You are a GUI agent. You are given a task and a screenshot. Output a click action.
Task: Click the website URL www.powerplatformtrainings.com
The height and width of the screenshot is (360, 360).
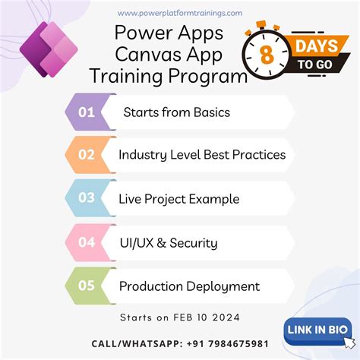tap(180, 12)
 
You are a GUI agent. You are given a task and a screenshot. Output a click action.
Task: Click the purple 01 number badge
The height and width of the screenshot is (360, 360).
tap(87, 112)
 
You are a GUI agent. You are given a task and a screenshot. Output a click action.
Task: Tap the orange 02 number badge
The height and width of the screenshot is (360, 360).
tap(87, 155)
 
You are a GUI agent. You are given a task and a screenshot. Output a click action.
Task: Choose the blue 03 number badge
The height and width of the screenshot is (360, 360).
tap(87, 199)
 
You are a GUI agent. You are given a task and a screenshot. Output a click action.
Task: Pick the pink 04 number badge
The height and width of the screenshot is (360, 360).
tap(87, 243)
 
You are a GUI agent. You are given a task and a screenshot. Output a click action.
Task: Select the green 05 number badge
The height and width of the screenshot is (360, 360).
tap(87, 286)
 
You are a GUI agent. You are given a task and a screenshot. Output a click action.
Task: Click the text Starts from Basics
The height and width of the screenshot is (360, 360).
tap(176, 112)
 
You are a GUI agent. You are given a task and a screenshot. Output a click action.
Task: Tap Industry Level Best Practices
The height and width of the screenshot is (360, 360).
tap(202, 155)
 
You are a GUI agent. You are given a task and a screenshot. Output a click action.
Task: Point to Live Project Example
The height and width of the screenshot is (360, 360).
tap(178, 199)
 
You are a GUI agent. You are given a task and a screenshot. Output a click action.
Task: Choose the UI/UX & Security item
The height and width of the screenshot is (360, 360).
tap(168, 243)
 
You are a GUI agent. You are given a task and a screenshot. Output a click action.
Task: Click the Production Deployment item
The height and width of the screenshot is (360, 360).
tap(189, 286)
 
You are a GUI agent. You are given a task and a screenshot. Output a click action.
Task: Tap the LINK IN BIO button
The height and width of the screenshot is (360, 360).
tap(317, 329)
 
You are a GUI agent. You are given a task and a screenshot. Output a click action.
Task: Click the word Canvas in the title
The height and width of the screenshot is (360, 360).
tap(139, 55)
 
